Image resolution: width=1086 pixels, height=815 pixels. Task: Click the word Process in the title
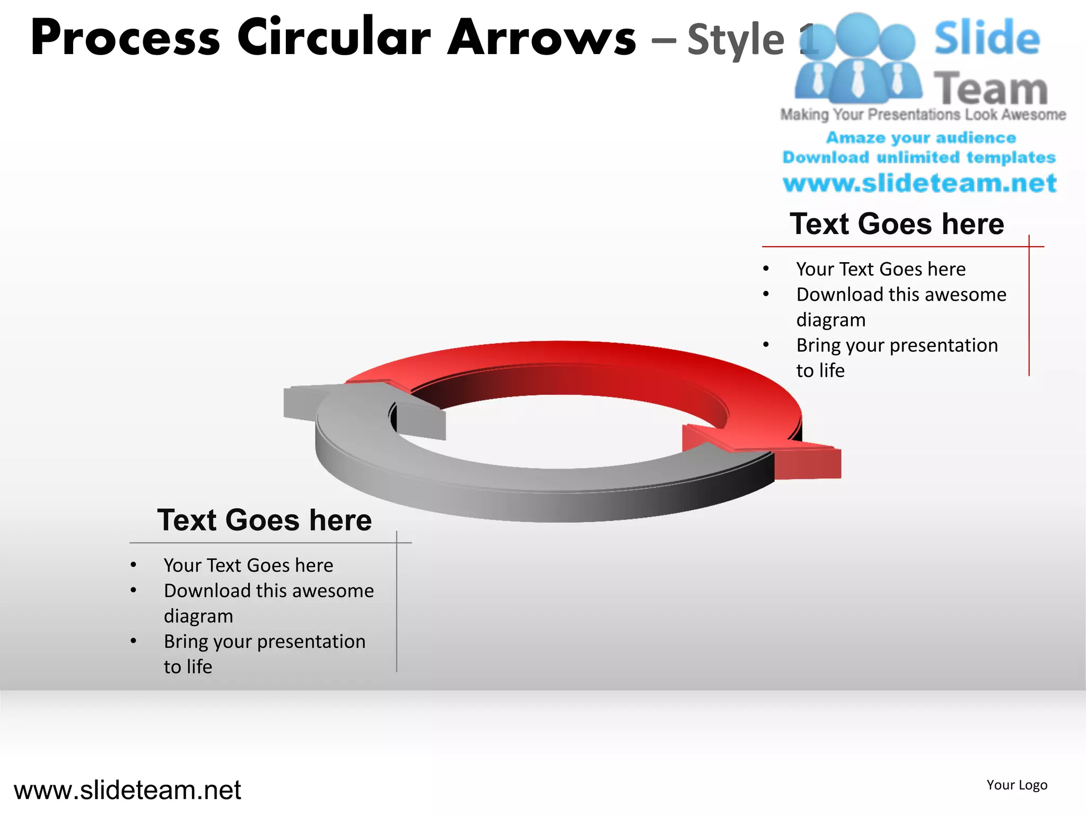125,38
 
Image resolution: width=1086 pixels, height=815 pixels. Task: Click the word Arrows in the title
541,38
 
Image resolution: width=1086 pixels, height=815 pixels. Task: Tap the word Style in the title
735,40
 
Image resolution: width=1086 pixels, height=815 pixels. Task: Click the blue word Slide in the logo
987,38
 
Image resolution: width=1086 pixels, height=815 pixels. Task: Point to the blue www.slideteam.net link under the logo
919,183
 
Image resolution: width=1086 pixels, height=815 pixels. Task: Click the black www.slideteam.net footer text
127,790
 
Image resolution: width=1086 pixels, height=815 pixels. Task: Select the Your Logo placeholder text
1017,785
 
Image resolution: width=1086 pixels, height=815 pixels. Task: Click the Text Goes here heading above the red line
897,223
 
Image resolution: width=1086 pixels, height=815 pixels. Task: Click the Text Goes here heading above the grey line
264,520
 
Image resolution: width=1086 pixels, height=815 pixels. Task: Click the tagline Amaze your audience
921,138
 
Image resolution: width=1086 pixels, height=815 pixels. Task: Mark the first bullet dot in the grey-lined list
134,566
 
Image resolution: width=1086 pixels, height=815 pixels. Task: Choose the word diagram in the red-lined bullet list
830,320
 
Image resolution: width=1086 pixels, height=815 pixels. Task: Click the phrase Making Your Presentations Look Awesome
923,115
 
